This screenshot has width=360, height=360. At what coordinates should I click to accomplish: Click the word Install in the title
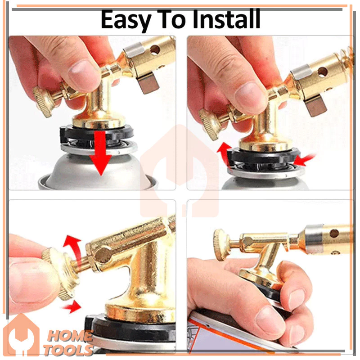(x=226, y=19)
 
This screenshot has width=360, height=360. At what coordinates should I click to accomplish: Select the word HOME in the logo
(x=70, y=337)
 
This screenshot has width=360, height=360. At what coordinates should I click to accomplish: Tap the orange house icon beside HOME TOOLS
(x=21, y=335)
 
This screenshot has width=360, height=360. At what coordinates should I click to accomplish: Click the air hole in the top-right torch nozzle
(x=323, y=72)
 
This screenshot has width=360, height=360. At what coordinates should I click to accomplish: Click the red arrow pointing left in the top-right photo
(x=304, y=160)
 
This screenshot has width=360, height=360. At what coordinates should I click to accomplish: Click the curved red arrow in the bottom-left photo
(x=73, y=248)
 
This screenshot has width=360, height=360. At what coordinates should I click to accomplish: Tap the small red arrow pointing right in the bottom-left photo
(x=72, y=307)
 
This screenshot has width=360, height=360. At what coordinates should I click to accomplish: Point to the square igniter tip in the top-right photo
(x=316, y=106)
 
